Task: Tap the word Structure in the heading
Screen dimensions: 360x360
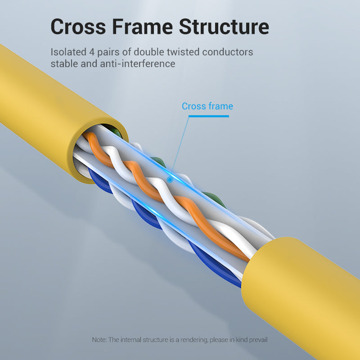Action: coord(224,27)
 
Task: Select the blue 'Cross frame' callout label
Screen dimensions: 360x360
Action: coord(207,106)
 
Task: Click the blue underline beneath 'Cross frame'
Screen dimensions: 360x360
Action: coord(208,116)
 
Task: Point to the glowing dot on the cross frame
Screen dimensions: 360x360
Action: coord(170,180)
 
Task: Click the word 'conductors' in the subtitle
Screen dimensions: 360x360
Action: coord(227,52)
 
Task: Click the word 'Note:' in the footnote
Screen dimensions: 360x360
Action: coord(99,339)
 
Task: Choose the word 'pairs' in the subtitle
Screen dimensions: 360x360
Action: coord(109,52)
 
